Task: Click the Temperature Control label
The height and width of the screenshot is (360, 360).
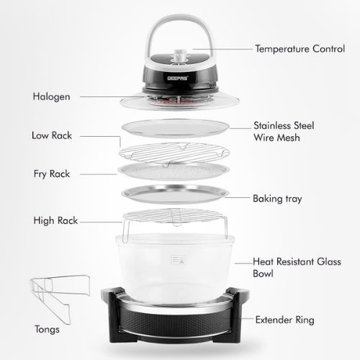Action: (x=300, y=49)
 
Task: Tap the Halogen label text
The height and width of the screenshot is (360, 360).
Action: (x=52, y=97)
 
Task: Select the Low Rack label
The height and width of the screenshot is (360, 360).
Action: (x=52, y=135)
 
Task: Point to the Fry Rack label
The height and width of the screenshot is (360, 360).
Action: (x=52, y=174)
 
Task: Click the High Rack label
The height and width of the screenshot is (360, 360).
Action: (x=55, y=220)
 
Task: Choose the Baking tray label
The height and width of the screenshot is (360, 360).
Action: (x=277, y=199)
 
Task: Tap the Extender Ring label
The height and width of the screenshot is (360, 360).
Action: (x=285, y=320)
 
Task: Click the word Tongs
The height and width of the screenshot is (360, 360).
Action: (x=47, y=330)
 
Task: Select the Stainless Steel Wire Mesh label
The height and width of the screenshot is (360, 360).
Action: (x=284, y=132)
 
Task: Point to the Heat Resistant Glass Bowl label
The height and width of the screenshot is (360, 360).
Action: (x=297, y=267)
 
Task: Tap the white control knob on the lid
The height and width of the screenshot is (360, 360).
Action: (x=179, y=56)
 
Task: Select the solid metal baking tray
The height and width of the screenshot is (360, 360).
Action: (x=175, y=194)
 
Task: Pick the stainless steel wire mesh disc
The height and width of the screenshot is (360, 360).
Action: (x=175, y=128)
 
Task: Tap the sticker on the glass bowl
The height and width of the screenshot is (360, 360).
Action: (x=178, y=260)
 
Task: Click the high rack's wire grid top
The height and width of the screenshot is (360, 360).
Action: (x=174, y=215)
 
